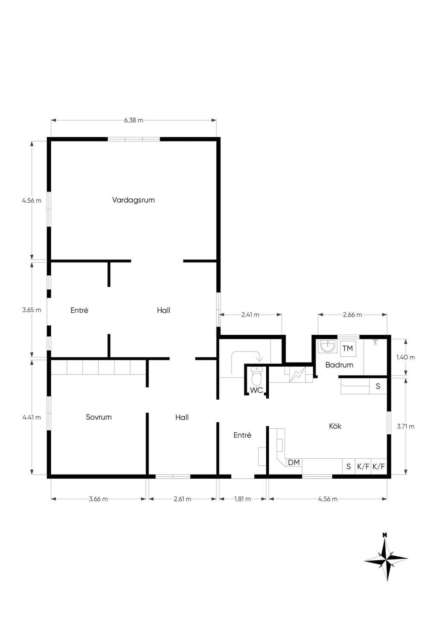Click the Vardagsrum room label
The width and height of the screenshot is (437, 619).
133,200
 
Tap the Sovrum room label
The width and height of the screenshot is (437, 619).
99,417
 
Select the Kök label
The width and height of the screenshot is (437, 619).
335,426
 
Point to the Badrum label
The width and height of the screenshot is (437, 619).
339,365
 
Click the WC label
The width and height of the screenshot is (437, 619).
256,390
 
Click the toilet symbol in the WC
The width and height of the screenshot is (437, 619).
256,376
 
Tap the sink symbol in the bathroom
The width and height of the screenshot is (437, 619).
327,346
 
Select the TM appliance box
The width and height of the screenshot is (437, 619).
348,348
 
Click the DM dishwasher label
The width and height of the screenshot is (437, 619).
294,462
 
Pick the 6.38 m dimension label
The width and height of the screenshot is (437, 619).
134,120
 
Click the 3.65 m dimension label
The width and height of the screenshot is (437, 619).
32,310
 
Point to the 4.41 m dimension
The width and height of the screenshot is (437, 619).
32,417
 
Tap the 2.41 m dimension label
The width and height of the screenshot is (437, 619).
250,315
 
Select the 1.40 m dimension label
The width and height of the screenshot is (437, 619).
405,357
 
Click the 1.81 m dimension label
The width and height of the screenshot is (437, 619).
242,499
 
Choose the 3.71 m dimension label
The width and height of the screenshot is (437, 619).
405,426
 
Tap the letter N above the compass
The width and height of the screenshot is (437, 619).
385,535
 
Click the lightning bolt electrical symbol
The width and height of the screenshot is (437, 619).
297,374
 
